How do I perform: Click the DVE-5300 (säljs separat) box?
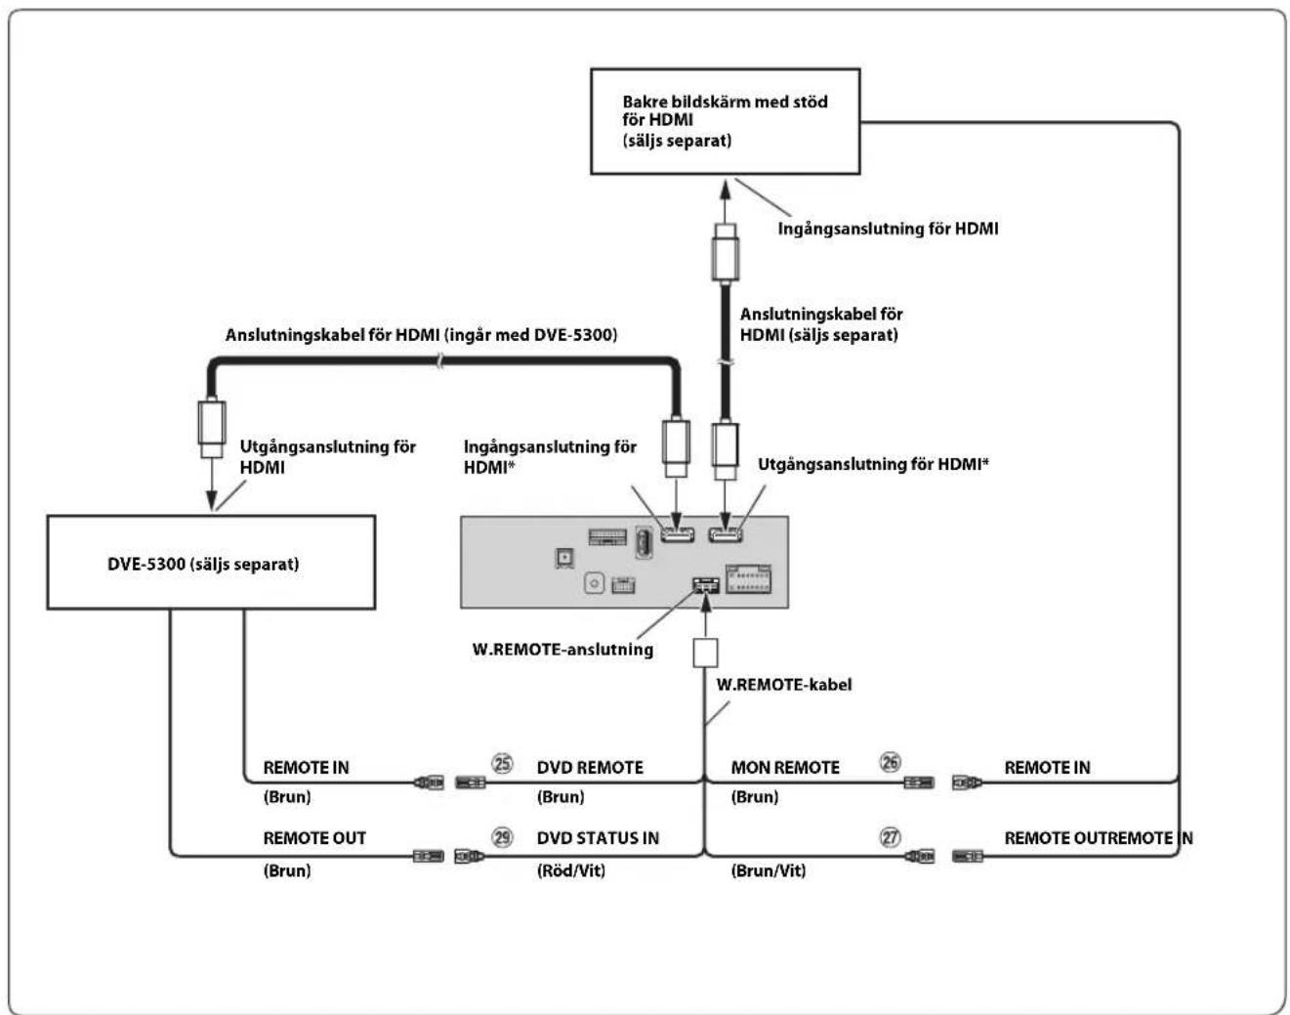tap(211, 562)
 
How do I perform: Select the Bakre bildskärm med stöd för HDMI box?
tap(726, 121)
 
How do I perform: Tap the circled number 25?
tap(502, 764)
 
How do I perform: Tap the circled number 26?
tap(891, 762)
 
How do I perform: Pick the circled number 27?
tap(891, 837)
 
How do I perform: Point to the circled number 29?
tap(502, 837)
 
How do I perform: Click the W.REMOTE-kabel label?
tap(784, 685)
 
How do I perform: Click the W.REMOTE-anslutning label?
tap(562, 649)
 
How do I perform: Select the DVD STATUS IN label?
tap(598, 838)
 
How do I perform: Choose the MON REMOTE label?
tap(785, 767)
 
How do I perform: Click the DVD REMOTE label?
tap(590, 767)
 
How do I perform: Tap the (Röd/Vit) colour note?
tap(570, 870)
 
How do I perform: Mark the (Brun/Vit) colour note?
tap(768, 870)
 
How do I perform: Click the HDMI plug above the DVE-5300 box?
tap(212, 428)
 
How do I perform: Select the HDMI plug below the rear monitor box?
tap(725, 253)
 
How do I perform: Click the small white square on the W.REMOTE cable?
tap(705, 653)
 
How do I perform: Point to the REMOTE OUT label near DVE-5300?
tap(314, 838)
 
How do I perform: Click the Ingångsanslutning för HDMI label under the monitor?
tap(888, 229)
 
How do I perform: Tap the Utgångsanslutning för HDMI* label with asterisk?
tap(873, 464)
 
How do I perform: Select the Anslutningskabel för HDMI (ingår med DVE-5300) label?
tap(422, 335)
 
